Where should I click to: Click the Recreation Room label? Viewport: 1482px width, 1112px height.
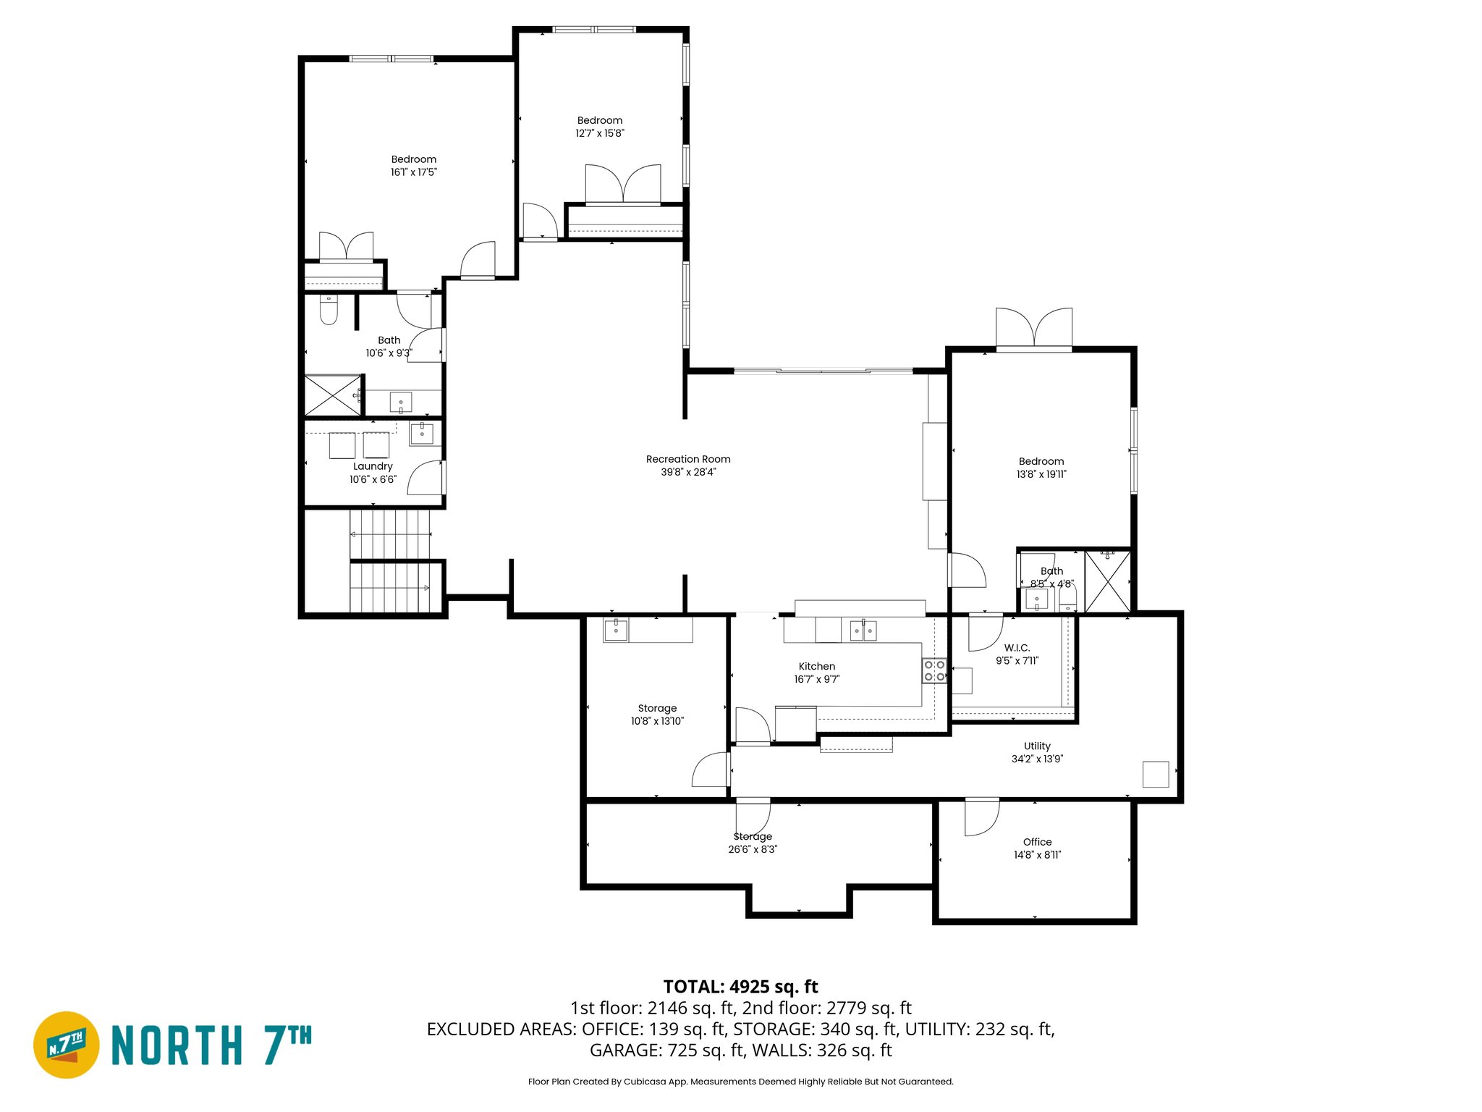click(x=687, y=459)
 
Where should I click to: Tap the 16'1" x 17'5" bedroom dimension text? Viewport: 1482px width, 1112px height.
click(x=413, y=172)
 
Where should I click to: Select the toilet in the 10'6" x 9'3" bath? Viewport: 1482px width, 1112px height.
click(x=329, y=311)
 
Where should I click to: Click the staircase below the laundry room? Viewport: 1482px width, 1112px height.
click(x=391, y=561)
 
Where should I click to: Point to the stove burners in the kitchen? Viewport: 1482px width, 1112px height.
click(x=933, y=670)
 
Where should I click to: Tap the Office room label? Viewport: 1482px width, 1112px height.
click(x=1037, y=842)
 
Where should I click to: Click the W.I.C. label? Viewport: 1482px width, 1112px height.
click(x=1017, y=648)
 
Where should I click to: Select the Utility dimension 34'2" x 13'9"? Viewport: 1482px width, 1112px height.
click(x=1037, y=759)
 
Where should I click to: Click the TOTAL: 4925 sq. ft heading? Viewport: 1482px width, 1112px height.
click(x=740, y=987)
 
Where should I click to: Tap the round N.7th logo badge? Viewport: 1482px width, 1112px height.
click(x=67, y=1045)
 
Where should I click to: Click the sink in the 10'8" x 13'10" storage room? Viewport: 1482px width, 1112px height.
click(x=616, y=630)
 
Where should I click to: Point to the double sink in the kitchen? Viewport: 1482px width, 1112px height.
click(x=863, y=631)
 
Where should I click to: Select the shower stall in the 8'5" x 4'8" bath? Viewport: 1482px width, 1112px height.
click(x=1107, y=581)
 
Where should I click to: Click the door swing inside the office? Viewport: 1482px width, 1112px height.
click(x=981, y=818)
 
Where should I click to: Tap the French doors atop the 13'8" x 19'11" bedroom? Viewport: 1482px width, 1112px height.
click(x=1033, y=328)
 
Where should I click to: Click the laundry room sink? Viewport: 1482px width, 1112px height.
click(x=421, y=434)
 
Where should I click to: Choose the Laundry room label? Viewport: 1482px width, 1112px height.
click(x=373, y=466)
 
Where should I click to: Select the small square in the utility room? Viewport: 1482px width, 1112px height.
click(x=1155, y=774)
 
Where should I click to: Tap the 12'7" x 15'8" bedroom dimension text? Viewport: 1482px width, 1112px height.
click(x=599, y=133)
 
